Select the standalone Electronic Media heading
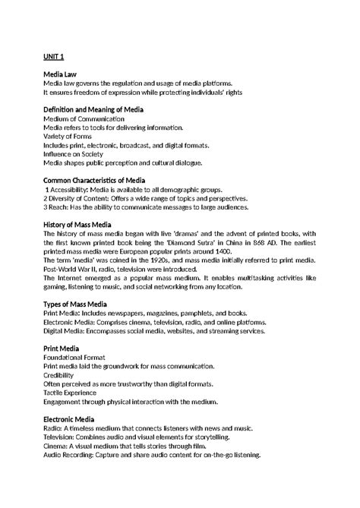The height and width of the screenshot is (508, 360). coord(74,418)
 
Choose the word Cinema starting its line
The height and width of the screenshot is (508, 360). coord(56,446)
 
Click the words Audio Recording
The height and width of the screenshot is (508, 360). coord(73,455)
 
